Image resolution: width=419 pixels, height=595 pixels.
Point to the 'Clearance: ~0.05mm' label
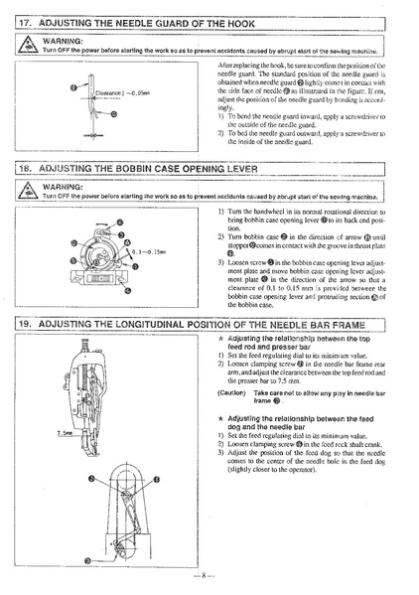point(100,92)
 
